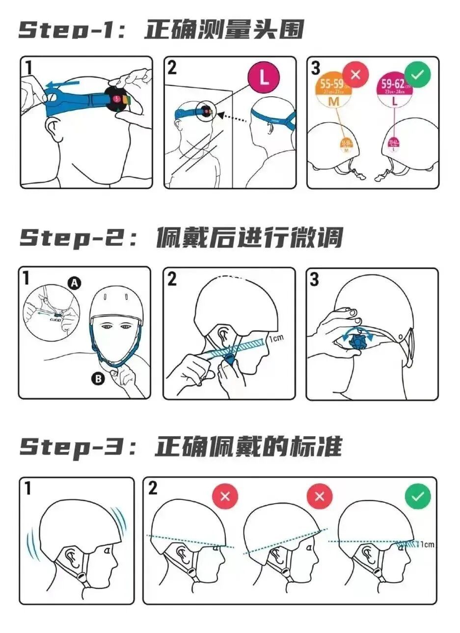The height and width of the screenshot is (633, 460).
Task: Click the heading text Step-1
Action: [x=74, y=30]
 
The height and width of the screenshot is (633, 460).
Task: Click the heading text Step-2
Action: [x=74, y=238]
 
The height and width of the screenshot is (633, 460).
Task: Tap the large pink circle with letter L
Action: [x=264, y=78]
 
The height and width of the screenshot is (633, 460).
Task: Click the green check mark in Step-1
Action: [x=417, y=74]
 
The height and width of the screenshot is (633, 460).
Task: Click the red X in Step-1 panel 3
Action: [x=356, y=75]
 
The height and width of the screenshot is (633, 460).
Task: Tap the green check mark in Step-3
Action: [x=417, y=496]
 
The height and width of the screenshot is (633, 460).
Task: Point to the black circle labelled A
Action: [x=74, y=283]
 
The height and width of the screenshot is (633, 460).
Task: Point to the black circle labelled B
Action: [x=98, y=378]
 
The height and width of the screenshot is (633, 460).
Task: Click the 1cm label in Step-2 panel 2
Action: [x=276, y=338]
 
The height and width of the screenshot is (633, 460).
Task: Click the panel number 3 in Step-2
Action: [x=315, y=279]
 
